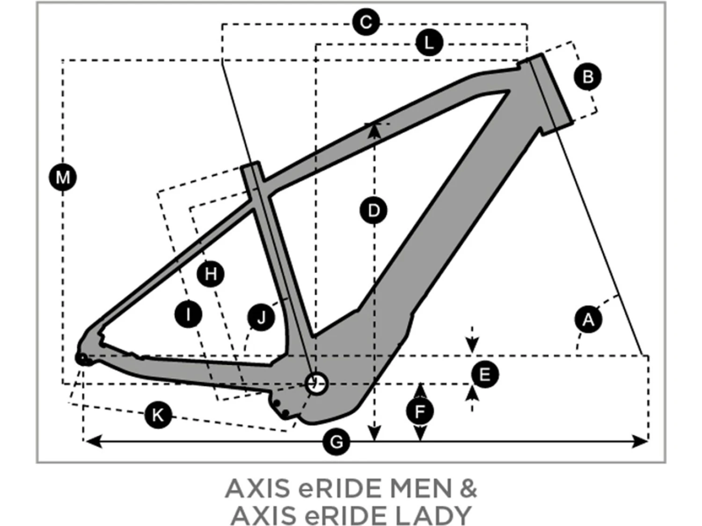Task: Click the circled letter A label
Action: tap(588, 320)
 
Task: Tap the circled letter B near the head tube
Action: tap(588, 77)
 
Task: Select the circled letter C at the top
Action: tap(366, 22)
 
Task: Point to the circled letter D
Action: tap(373, 210)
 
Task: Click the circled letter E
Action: tap(484, 375)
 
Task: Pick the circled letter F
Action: tap(420, 411)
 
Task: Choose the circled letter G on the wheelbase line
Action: tap(336, 441)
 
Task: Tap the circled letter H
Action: tap(211, 274)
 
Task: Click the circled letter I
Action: tap(188, 314)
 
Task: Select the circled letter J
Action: tap(261, 318)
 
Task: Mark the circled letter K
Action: tap(158, 415)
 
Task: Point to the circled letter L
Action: tap(429, 43)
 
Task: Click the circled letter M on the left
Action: tap(63, 177)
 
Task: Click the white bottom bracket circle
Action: tap(316, 383)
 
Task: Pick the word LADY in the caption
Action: tap(433, 515)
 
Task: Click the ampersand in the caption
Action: tap(468, 490)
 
